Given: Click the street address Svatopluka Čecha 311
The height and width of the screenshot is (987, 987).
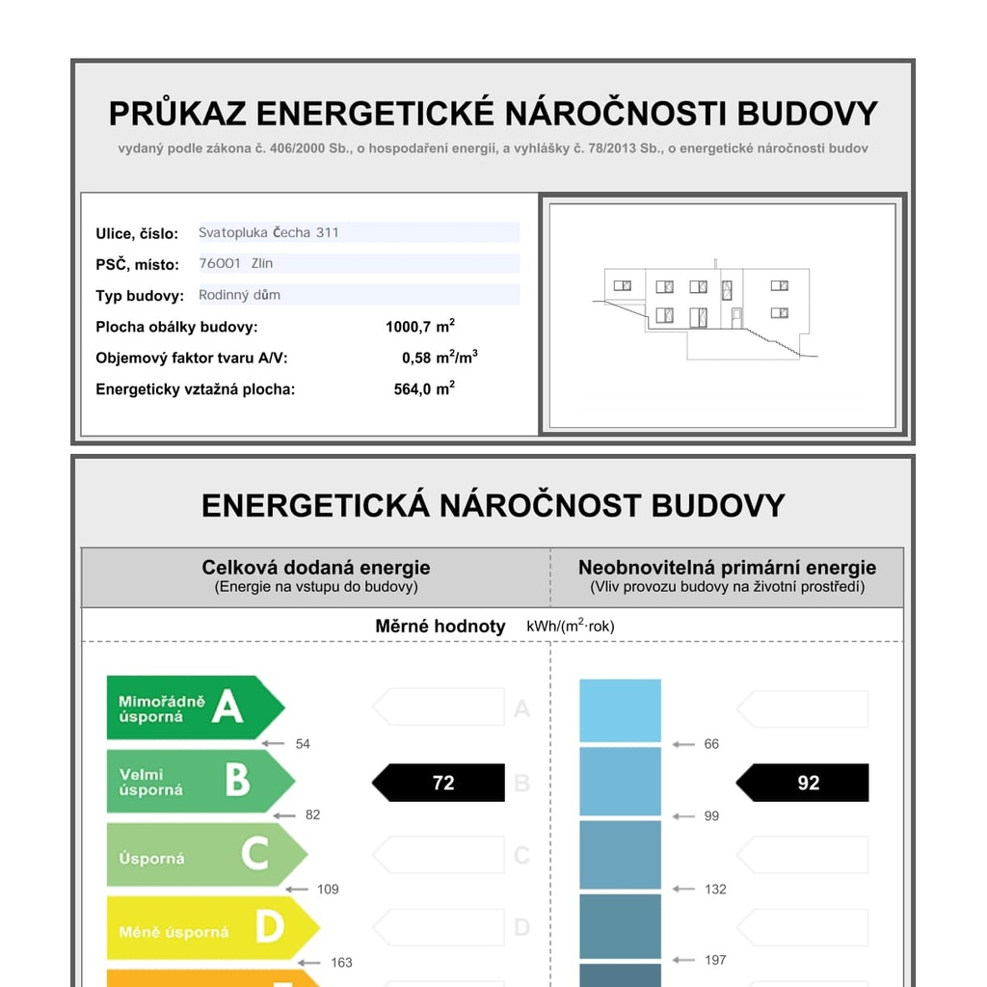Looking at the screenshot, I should click(x=269, y=232).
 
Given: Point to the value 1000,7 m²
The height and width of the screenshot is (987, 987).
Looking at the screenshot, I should click(x=420, y=327).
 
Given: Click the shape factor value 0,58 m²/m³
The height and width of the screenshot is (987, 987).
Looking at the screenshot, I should click(x=440, y=358).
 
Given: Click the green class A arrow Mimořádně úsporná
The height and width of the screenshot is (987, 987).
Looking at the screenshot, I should click(x=193, y=707).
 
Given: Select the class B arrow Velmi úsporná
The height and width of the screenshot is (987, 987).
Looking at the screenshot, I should click(x=198, y=782).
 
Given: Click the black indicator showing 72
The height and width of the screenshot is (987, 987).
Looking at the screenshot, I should click(x=440, y=783).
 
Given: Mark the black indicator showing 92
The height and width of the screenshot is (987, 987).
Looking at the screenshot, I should click(x=804, y=783).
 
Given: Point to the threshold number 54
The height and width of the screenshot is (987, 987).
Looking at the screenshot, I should click(x=303, y=744).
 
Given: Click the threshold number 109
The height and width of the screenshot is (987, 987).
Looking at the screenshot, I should click(x=328, y=889).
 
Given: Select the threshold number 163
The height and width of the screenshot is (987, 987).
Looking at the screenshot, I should click(x=341, y=962).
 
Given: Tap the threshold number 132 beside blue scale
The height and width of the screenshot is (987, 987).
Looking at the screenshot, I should click(x=715, y=889).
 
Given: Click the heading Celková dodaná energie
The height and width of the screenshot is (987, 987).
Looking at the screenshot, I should click(x=316, y=568).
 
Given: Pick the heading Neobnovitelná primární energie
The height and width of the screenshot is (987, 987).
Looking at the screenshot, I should click(x=727, y=568).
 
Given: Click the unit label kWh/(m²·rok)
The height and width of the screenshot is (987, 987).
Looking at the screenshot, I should click(x=570, y=627).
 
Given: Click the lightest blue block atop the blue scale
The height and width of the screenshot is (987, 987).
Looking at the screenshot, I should click(x=620, y=710).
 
